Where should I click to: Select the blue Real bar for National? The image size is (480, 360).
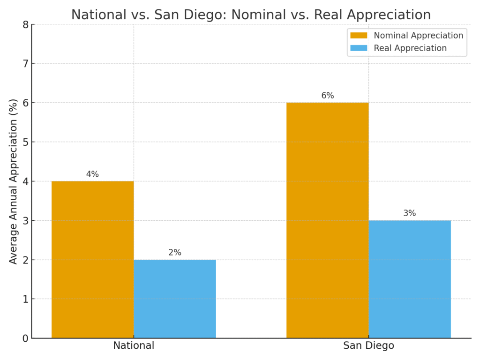[x=175, y=299]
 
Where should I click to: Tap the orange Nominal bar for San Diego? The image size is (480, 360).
[x=327, y=220]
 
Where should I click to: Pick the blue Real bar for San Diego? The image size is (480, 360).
[x=410, y=279]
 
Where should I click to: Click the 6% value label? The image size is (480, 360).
[x=328, y=96]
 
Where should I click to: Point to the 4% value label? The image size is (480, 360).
[x=92, y=174]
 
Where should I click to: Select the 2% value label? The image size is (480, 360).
[x=175, y=253]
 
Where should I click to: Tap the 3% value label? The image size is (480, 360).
[x=410, y=213]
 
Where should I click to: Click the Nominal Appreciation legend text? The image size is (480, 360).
[x=418, y=35]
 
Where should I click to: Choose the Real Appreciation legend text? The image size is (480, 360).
[x=410, y=48]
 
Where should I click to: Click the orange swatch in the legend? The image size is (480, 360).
[x=359, y=35]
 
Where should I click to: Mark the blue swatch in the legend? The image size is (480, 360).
[x=359, y=48]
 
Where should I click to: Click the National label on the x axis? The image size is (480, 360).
[x=134, y=346]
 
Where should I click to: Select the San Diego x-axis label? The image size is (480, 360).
[x=368, y=346]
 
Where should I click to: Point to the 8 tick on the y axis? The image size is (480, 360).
[x=25, y=24]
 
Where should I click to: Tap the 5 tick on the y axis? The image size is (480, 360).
[x=25, y=142]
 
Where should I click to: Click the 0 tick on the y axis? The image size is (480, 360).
[x=25, y=338]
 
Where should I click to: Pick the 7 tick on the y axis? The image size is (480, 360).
[x=25, y=63]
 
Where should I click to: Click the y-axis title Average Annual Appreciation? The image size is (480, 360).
[x=13, y=181]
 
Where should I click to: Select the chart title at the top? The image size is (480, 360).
[x=251, y=15]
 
